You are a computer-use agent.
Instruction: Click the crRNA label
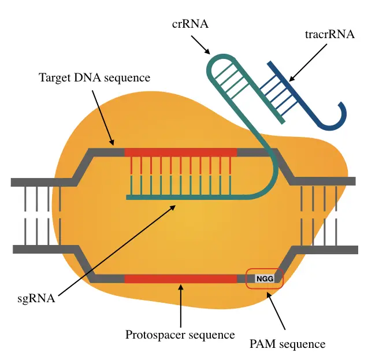point(190,24)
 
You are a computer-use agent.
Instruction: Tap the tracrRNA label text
point(330,34)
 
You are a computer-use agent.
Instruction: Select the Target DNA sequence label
point(94,78)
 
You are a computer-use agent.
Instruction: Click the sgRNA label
point(36,299)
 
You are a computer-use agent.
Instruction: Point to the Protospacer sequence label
point(180,335)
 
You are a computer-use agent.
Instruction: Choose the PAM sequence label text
point(287,344)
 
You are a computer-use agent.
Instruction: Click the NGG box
point(265,279)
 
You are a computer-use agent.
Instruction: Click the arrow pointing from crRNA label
point(200,45)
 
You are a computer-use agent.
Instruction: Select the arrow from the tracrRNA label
point(308,62)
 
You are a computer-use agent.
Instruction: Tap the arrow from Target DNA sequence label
point(103,118)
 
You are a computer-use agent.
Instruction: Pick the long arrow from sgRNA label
point(117,250)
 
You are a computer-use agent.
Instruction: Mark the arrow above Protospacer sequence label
point(181,306)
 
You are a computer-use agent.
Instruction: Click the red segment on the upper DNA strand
point(181,153)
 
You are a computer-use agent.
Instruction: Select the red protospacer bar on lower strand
point(181,279)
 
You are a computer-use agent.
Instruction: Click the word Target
point(55,78)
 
